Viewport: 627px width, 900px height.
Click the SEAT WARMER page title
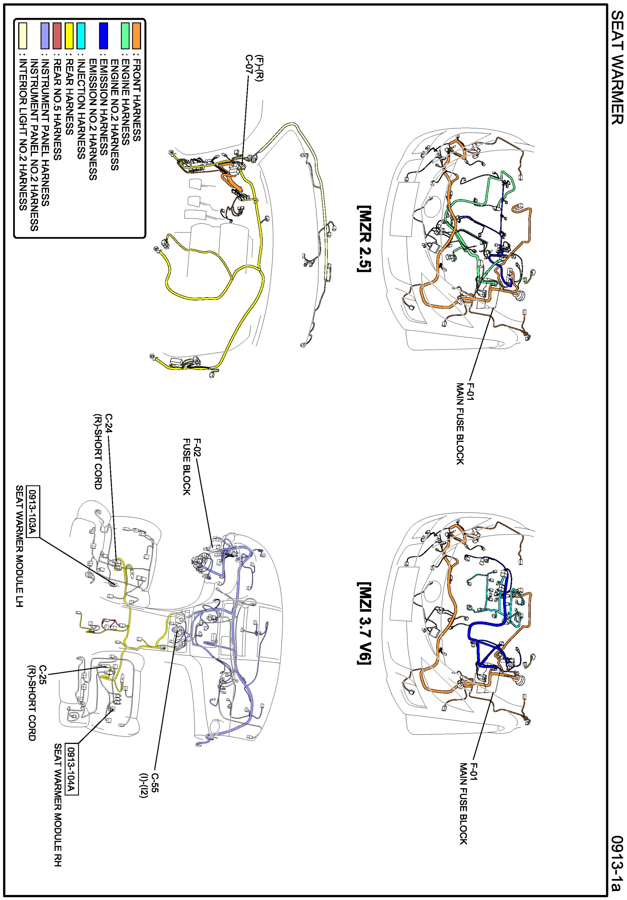617,67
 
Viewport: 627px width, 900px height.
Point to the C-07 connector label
249,64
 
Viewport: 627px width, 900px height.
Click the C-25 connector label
42,673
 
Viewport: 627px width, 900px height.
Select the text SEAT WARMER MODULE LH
20,546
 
